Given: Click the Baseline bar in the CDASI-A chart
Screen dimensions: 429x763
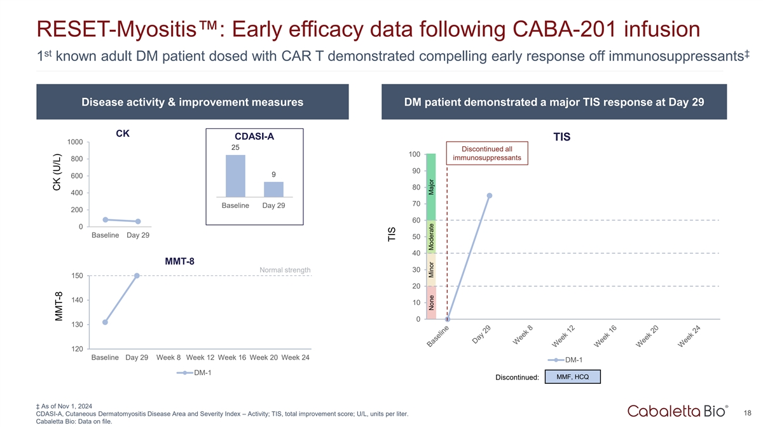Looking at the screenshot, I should tap(235, 176).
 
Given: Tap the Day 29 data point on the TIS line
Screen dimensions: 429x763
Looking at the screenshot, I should tap(489, 196).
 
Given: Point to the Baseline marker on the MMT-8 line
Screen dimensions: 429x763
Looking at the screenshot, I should tap(105, 322).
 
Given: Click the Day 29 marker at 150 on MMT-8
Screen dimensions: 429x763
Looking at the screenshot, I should tap(137, 276).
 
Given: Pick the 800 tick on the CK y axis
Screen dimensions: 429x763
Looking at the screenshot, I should tap(75, 159).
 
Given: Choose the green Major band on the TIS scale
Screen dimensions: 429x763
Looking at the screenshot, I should tap(430, 187).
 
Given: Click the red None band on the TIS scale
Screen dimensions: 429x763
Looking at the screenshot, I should tap(430, 303).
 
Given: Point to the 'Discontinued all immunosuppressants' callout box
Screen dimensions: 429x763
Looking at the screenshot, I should tap(487, 153).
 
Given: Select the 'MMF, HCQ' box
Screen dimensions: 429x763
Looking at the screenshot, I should tap(572, 378).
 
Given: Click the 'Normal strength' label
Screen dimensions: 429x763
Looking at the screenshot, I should tap(285, 271).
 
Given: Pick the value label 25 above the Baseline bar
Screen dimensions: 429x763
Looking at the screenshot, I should tap(235, 148).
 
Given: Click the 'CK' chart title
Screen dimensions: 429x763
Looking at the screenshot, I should tap(123, 134).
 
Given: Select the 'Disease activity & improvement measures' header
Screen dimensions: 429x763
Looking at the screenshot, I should tap(192, 103).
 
